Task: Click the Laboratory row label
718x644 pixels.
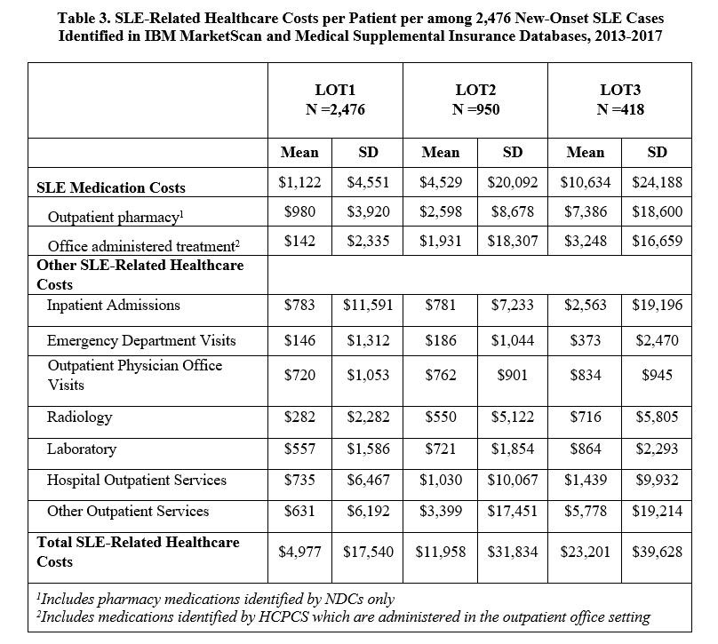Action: click(82, 449)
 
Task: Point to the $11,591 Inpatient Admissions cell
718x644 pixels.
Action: click(368, 306)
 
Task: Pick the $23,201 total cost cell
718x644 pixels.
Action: click(585, 552)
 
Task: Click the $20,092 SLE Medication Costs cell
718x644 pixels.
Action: click(513, 185)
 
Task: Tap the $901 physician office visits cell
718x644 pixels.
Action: click(513, 375)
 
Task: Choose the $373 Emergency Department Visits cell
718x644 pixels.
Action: click(585, 341)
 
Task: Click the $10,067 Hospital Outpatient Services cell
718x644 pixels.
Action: click(513, 481)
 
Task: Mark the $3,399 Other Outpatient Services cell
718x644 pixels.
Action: click(440, 511)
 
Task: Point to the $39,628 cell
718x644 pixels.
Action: click(657, 552)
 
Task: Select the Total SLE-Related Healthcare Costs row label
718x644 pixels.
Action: click(138, 551)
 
